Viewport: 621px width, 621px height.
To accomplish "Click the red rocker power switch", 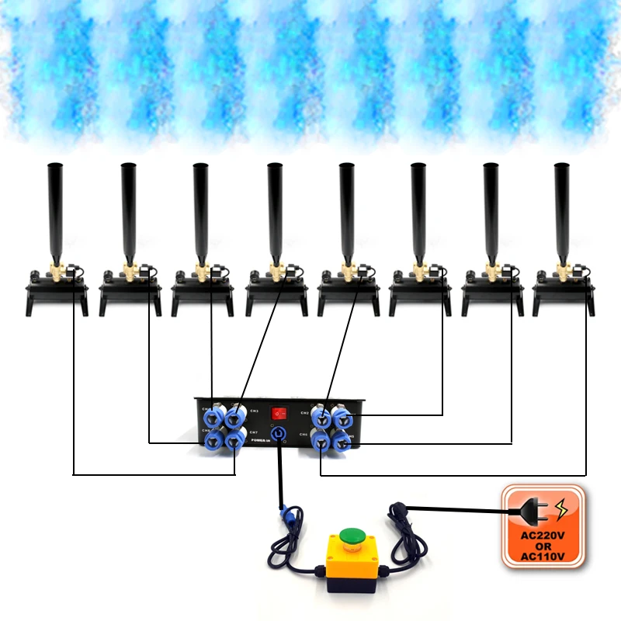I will point(279,413).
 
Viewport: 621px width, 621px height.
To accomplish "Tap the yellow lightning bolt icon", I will point(560,509).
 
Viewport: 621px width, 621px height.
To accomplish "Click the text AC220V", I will point(542,535).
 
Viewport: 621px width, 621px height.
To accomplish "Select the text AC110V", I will point(542,556).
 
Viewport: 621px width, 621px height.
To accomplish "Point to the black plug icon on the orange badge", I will point(529,511).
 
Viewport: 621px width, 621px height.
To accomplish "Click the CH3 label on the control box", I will point(254,411).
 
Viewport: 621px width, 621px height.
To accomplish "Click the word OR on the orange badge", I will point(542,546).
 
